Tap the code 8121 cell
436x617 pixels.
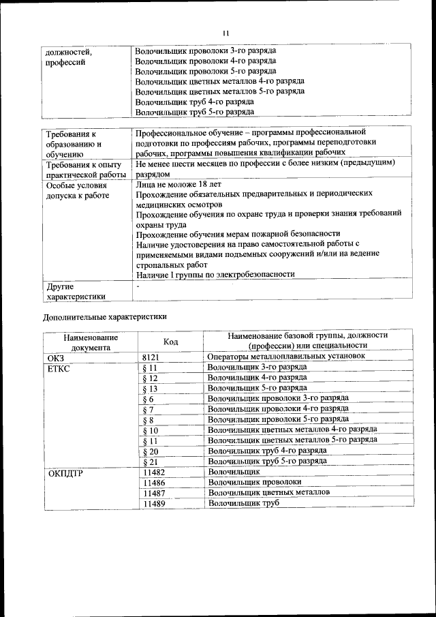[x=153, y=357]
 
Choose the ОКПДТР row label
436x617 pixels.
[x=65, y=472]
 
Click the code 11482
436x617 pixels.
[x=155, y=472]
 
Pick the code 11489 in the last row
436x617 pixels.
[x=155, y=504]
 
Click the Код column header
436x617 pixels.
[x=171, y=342]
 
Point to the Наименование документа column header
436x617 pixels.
[x=91, y=342]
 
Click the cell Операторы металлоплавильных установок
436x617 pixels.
[x=287, y=356]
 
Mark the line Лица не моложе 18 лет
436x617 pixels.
[x=178, y=184]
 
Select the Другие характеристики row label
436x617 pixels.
[x=75, y=291]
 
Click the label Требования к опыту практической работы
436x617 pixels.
[x=87, y=169]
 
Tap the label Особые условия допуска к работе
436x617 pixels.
[x=77, y=190]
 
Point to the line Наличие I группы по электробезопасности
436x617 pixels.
[x=215, y=275]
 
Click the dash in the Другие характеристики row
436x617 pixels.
[x=138, y=287]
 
